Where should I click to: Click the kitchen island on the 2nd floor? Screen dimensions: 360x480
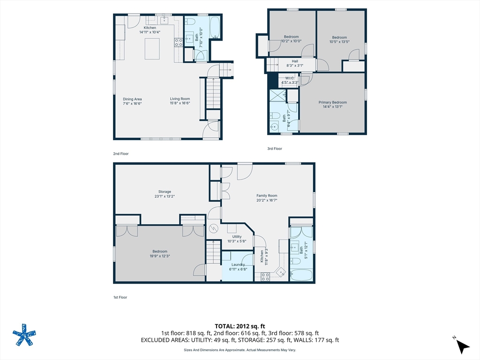click(152, 49)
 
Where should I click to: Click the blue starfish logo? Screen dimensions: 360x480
click(24, 335)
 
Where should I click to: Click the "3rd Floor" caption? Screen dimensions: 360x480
click(275, 149)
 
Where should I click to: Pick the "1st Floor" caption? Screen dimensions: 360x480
click(120, 297)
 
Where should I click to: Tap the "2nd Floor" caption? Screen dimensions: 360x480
click(120, 154)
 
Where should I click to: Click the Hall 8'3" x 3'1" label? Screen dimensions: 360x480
click(295, 63)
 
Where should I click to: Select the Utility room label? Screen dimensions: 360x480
click(237, 239)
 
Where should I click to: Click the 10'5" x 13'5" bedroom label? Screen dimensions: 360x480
click(339, 40)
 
